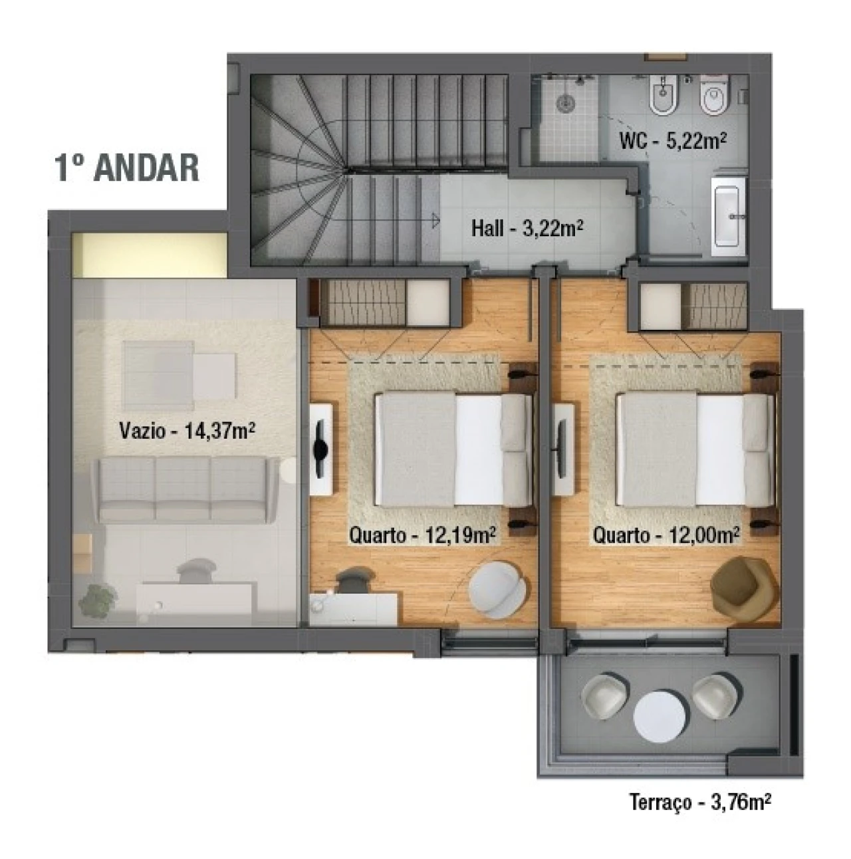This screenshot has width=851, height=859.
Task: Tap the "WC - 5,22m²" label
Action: click(x=671, y=141)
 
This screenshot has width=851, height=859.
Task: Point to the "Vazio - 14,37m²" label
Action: click(x=187, y=430)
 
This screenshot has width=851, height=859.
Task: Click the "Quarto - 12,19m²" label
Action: click(x=424, y=535)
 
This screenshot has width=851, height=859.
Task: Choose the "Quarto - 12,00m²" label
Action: click(x=667, y=535)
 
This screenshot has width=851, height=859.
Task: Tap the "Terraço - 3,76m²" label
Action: click(x=700, y=802)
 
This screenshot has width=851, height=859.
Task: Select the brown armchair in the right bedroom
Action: click(x=744, y=583)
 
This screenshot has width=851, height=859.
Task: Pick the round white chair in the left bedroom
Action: click(x=499, y=587)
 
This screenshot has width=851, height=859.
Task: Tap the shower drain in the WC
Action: click(x=566, y=104)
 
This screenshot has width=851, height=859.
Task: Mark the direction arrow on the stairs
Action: click(x=434, y=218)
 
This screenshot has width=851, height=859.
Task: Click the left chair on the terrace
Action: click(x=605, y=697)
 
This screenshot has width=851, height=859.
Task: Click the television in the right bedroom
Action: click(x=562, y=449)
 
